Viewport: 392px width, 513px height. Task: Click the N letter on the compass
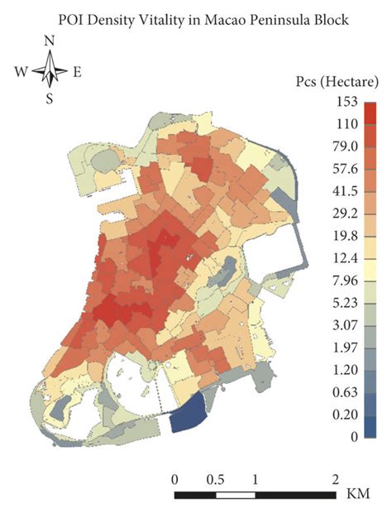pyautogui.click(x=51, y=41)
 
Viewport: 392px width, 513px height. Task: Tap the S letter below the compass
pyautogui.click(x=50, y=99)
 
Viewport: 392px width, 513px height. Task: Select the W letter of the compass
pyautogui.click(x=21, y=72)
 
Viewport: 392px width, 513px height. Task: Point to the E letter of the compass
pyautogui.click(x=77, y=72)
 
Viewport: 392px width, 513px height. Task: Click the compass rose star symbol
pyautogui.click(x=50, y=70)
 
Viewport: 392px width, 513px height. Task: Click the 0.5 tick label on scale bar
pyautogui.click(x=216, y=479)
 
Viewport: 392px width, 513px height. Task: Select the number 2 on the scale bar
pyautogui.click(x=335, y=479)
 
